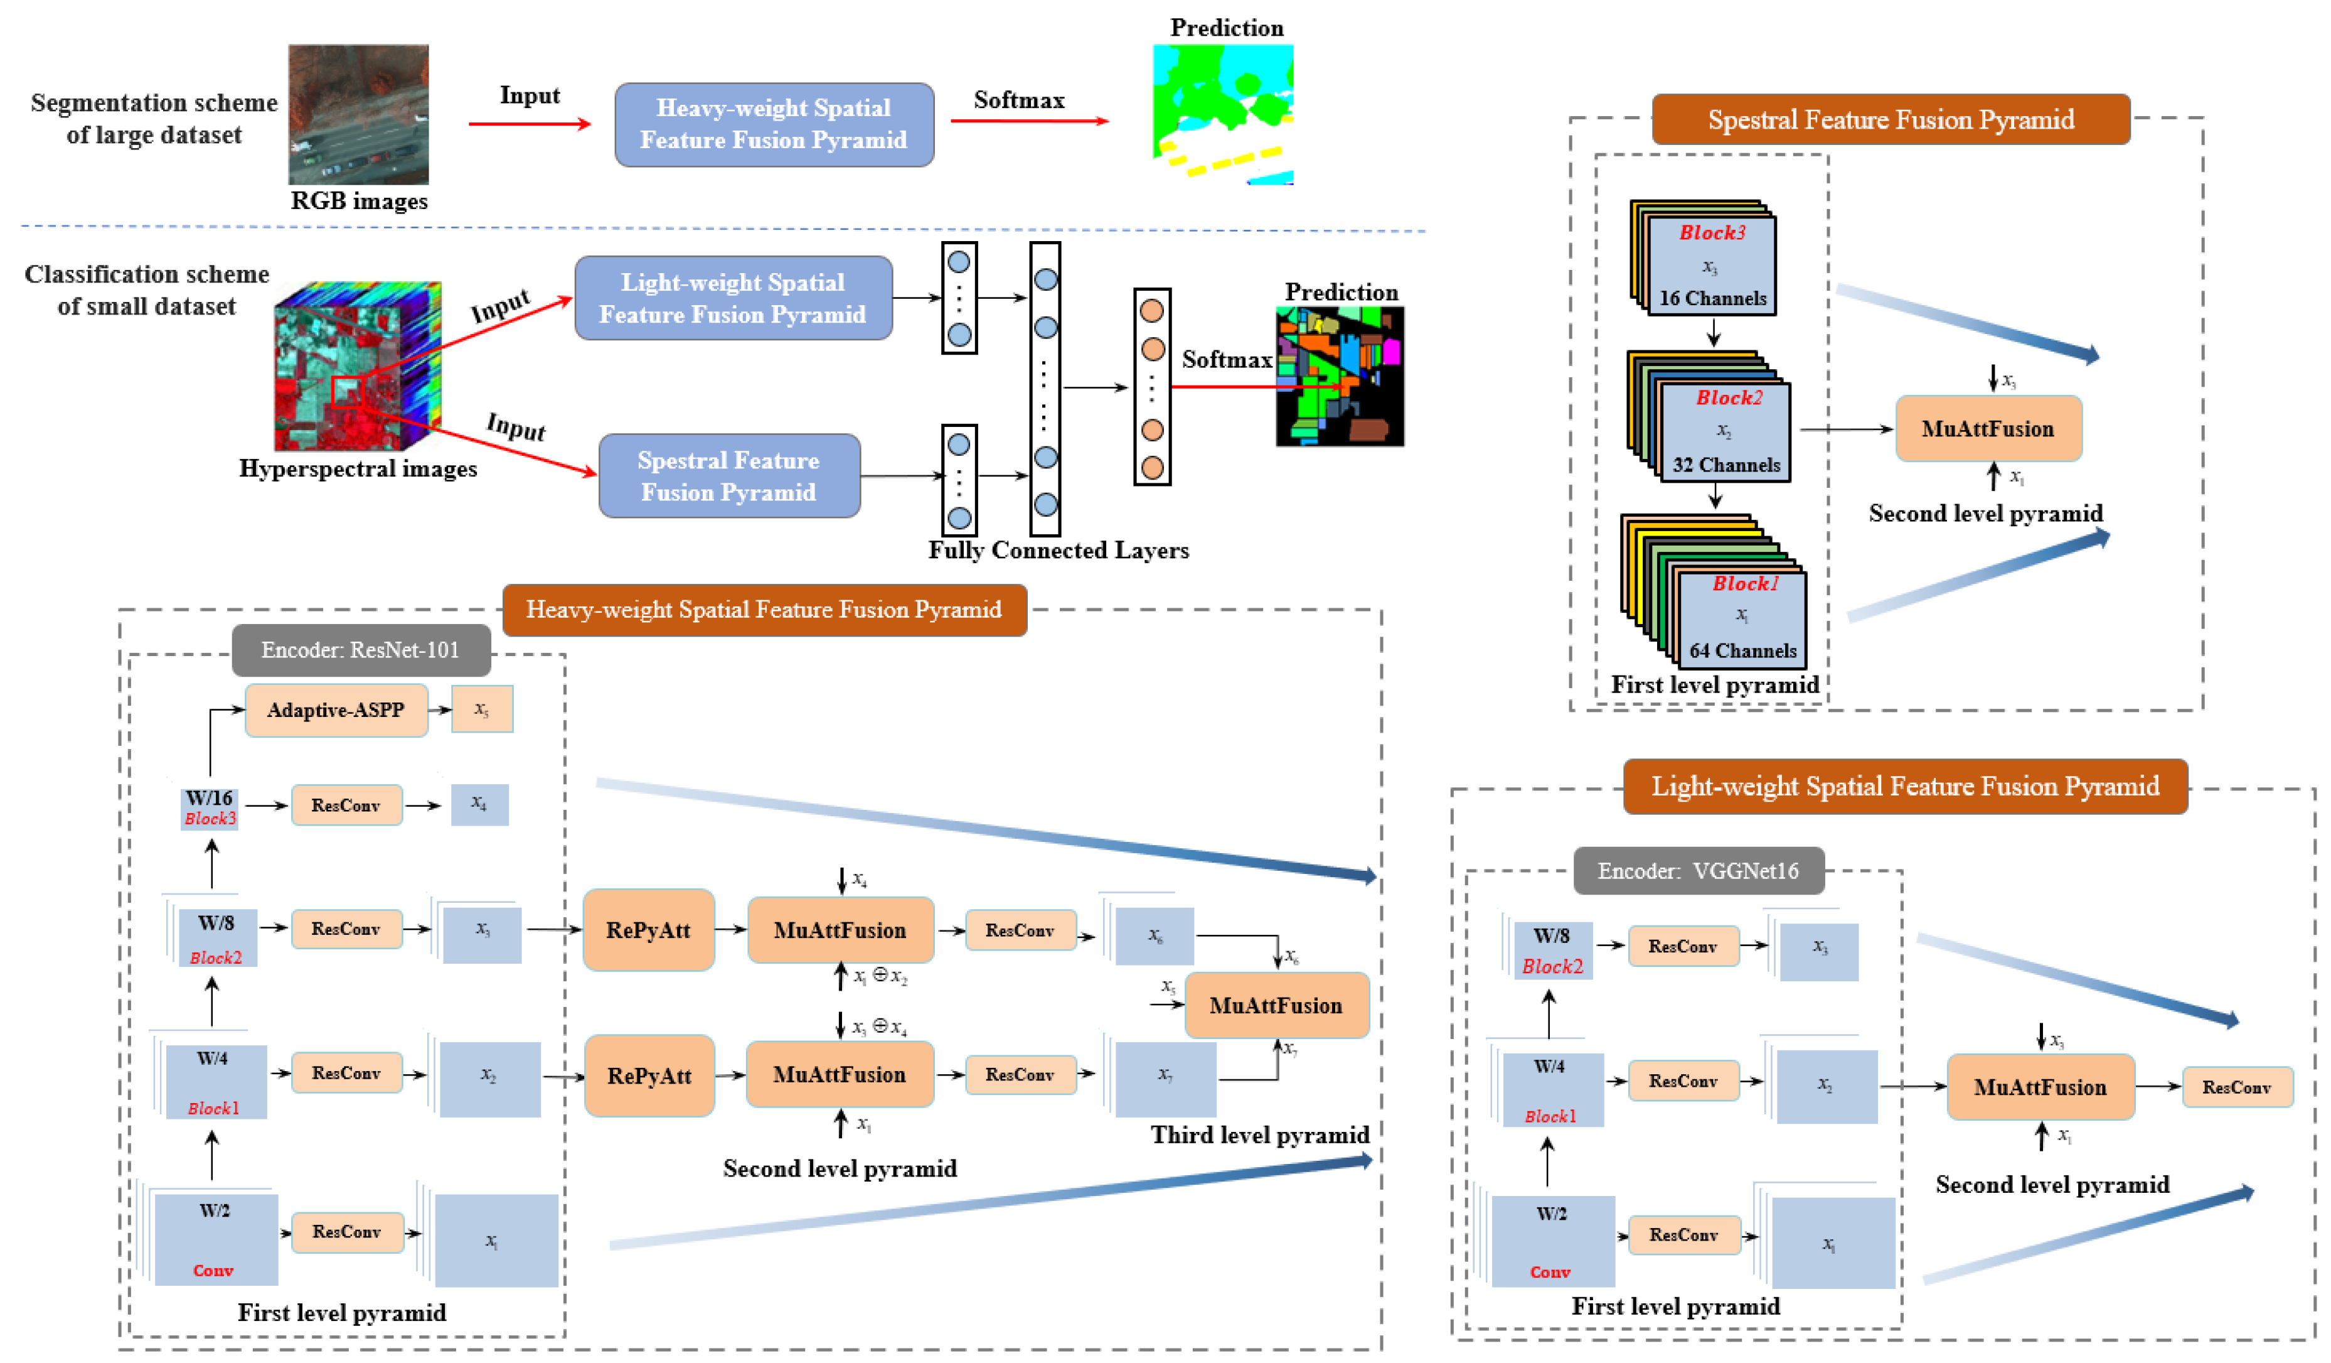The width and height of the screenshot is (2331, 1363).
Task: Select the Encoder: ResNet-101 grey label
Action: (361, 650)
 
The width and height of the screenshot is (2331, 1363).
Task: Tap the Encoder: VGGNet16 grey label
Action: (1699, 871)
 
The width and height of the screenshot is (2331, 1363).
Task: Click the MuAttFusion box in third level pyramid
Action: (1276, 1005)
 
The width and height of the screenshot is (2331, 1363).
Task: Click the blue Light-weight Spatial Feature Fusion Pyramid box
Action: (733, 298)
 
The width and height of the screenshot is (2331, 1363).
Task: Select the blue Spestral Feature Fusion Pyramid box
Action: (729, 476)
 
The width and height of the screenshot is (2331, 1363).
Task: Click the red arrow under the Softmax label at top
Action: (1028, 121)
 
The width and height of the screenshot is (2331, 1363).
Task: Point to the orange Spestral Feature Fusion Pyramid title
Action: (1890, 119)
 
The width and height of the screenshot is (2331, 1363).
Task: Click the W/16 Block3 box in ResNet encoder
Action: (210, 807)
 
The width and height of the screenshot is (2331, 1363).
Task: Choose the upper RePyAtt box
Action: (648, 930)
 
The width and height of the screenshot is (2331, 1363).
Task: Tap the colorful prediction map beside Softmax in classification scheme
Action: (1340, 377)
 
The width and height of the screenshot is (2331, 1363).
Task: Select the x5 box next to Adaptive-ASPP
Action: (482, 709)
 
